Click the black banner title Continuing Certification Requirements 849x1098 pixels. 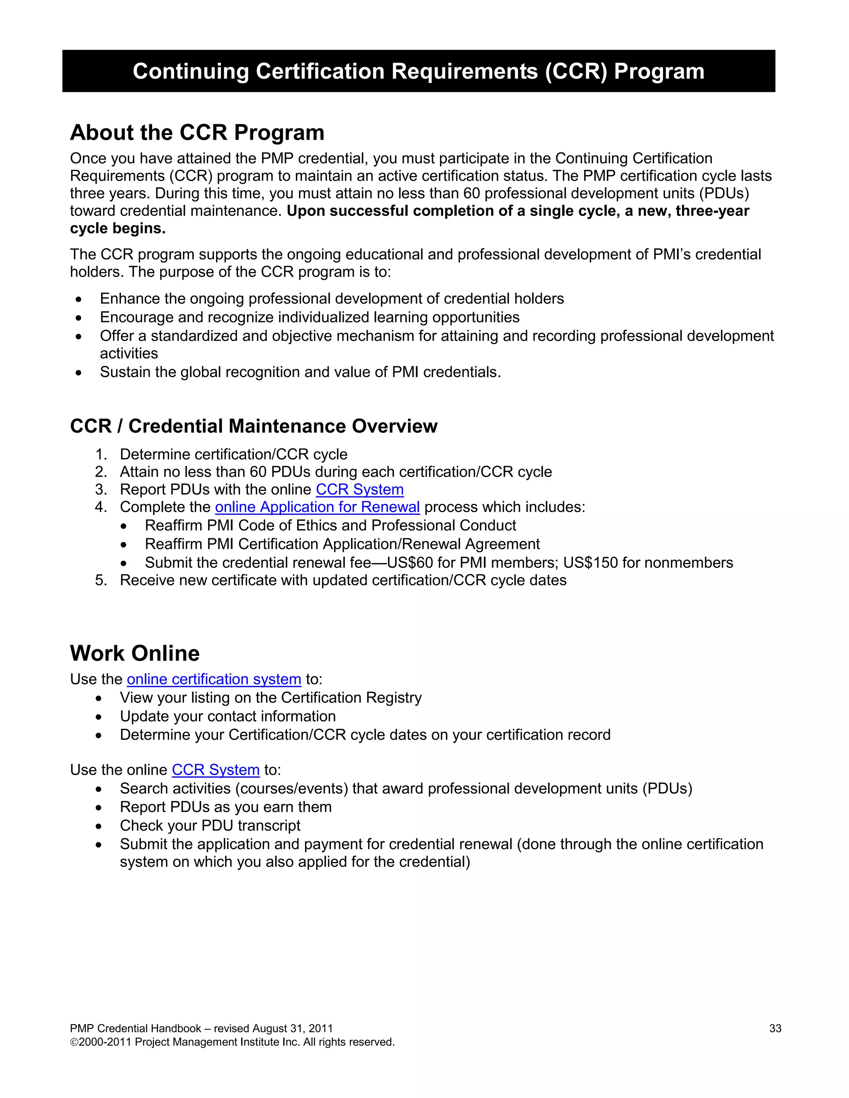(418, 71)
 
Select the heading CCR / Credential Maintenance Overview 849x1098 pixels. (253, 426)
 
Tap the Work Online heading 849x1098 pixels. (135, 653)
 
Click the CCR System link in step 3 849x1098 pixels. (359, 489)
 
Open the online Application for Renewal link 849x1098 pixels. (318, 507)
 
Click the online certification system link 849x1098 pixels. (214, 679)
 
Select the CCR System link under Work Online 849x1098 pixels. (216, 770)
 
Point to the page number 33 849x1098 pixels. (775, 1029)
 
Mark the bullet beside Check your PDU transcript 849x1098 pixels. (99, 826)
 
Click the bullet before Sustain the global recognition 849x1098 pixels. (78, 372)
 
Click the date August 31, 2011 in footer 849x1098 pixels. (292, 1029)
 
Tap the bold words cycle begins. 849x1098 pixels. (118, 228)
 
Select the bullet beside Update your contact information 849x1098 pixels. (99, 717)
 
